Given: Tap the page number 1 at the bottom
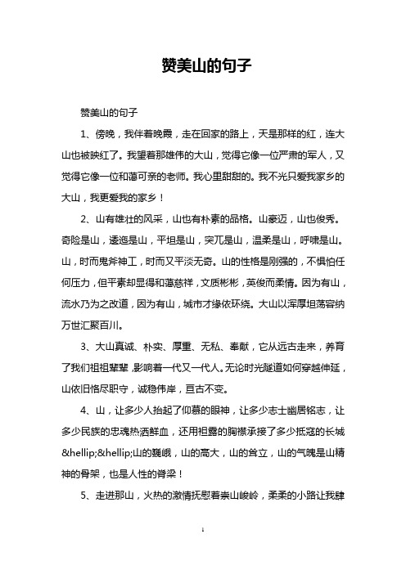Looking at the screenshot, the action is tap(203, 553).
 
